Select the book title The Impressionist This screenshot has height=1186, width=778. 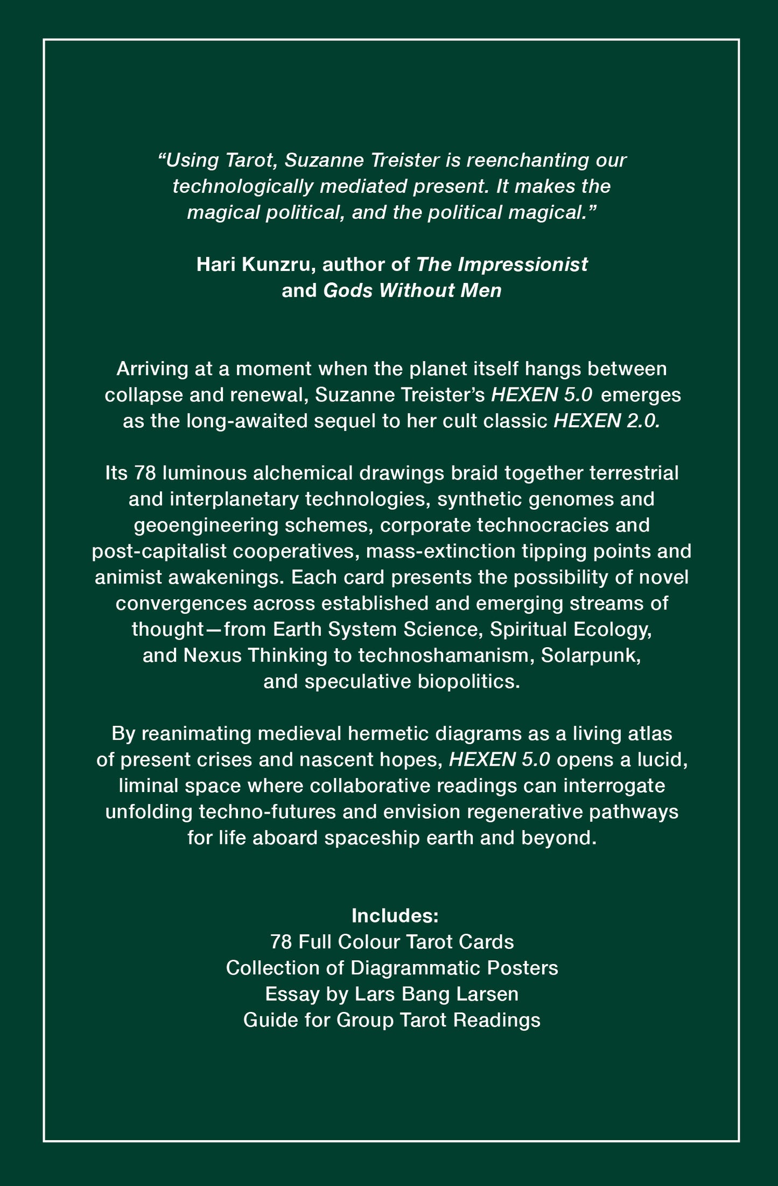click(x=502, y=265)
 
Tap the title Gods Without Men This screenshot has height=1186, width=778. click(x=412, y=291)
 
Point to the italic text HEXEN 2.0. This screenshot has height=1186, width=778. click(x=606, y=421)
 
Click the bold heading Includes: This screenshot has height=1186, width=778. click(x=395, y=915)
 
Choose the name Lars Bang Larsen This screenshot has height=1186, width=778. click(x=437, y=994)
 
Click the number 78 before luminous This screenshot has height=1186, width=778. click(x=145, y=473)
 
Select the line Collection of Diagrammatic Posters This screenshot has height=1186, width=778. click(x=392, y=968)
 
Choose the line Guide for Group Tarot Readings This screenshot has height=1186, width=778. click(x=392, y=1020)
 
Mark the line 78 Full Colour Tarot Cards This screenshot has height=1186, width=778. click(x=392, y=942)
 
